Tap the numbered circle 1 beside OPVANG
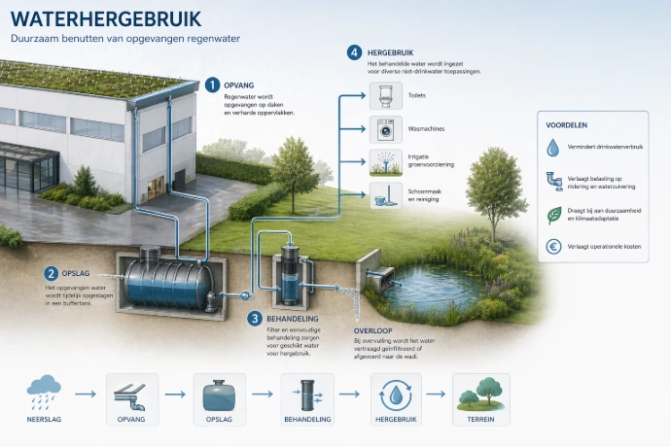(213, 85)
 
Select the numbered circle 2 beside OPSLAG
(51, 274)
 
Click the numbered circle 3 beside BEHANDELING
(254, 317)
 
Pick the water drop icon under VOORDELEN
(553, 149)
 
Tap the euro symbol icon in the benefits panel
(553, 248)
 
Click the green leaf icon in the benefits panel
(553, 215)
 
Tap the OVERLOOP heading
(371, 330)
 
